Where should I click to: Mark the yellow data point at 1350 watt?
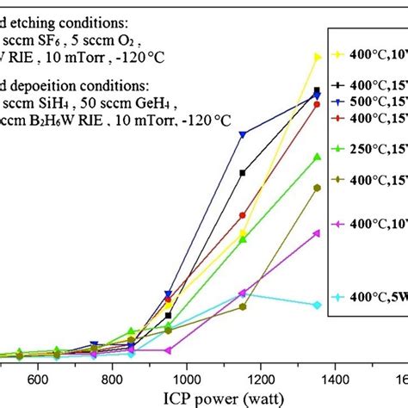[x=318, y=57]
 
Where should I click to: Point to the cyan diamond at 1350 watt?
[x=318, y=305]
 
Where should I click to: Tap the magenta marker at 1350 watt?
[x=318, y=232]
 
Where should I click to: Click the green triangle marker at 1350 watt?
[x=318, y=157]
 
